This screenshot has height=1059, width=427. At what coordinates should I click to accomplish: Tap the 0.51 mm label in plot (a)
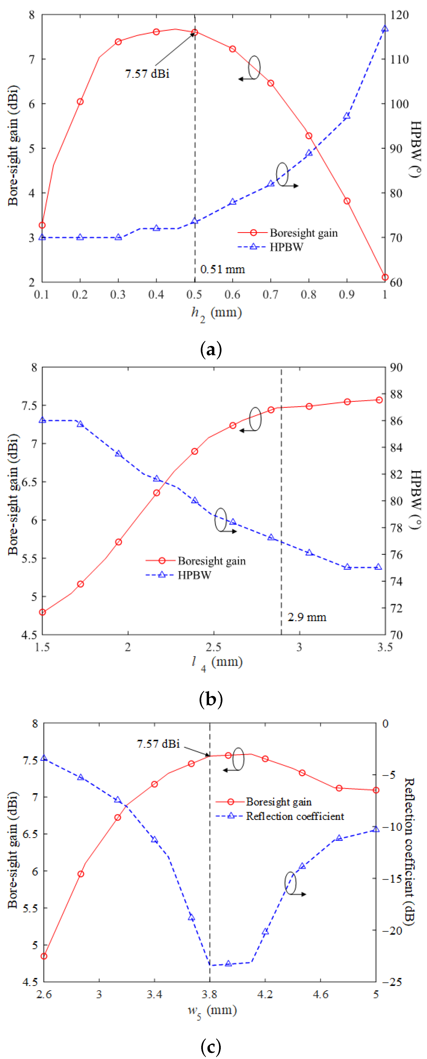tap(223, 269)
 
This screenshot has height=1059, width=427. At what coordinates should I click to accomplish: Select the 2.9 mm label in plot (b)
tap(307, 617)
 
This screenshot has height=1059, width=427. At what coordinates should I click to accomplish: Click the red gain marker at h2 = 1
tap(385, 277)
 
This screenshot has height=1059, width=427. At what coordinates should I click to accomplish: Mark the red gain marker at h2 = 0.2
tap(80, 102)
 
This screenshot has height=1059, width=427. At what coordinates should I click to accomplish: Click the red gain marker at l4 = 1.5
tap(42, 612)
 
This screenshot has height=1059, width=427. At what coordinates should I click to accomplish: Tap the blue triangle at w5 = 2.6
tap(44, 758)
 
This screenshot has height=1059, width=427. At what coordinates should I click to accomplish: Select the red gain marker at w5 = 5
tap(376, 790)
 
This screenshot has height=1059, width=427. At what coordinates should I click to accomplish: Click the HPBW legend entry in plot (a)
tap(286, 247)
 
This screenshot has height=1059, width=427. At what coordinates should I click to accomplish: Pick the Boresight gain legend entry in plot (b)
tap(211, 561)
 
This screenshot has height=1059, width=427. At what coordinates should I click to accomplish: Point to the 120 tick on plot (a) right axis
tap(399, 15)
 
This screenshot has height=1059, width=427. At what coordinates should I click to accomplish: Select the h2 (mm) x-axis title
tap(216, 313)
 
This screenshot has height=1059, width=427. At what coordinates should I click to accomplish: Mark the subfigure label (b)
tap(211, 699)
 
